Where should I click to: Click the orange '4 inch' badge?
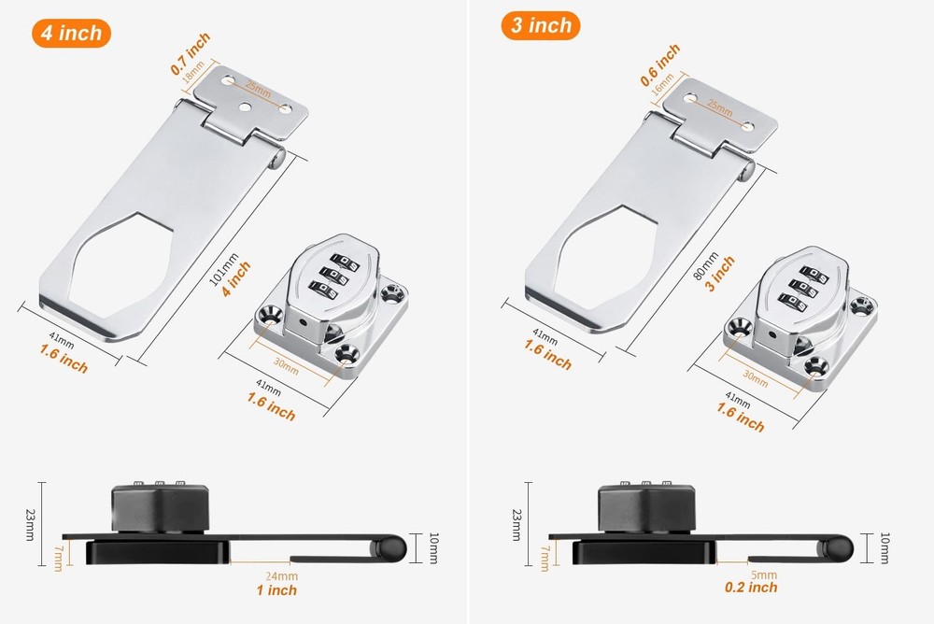coord(72,33)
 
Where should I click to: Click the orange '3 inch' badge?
coord(540,25)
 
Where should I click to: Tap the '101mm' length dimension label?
coord(224,269)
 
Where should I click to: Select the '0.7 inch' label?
coord(191,53)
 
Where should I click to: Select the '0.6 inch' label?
coord(660,64)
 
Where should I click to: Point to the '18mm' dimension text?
coord(193,72)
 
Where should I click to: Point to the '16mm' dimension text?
coord(663,84)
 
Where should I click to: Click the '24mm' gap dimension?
coord(282,576)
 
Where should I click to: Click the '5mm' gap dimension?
coord(764,575)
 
